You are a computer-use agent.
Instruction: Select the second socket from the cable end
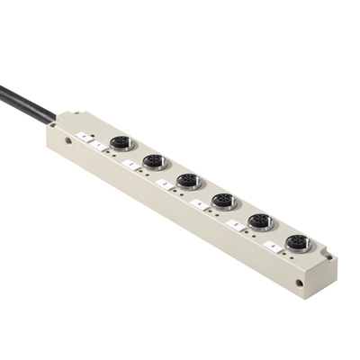click(154, 162)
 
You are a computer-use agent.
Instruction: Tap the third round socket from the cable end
click(188, 181)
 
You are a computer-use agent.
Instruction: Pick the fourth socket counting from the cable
click(222, 201)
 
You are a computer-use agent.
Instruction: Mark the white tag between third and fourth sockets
click(200, 203)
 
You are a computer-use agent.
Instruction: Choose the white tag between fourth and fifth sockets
click(235, 223)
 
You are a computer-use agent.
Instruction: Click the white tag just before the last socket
click(271, 244)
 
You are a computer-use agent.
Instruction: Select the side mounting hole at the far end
click(300, 283)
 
